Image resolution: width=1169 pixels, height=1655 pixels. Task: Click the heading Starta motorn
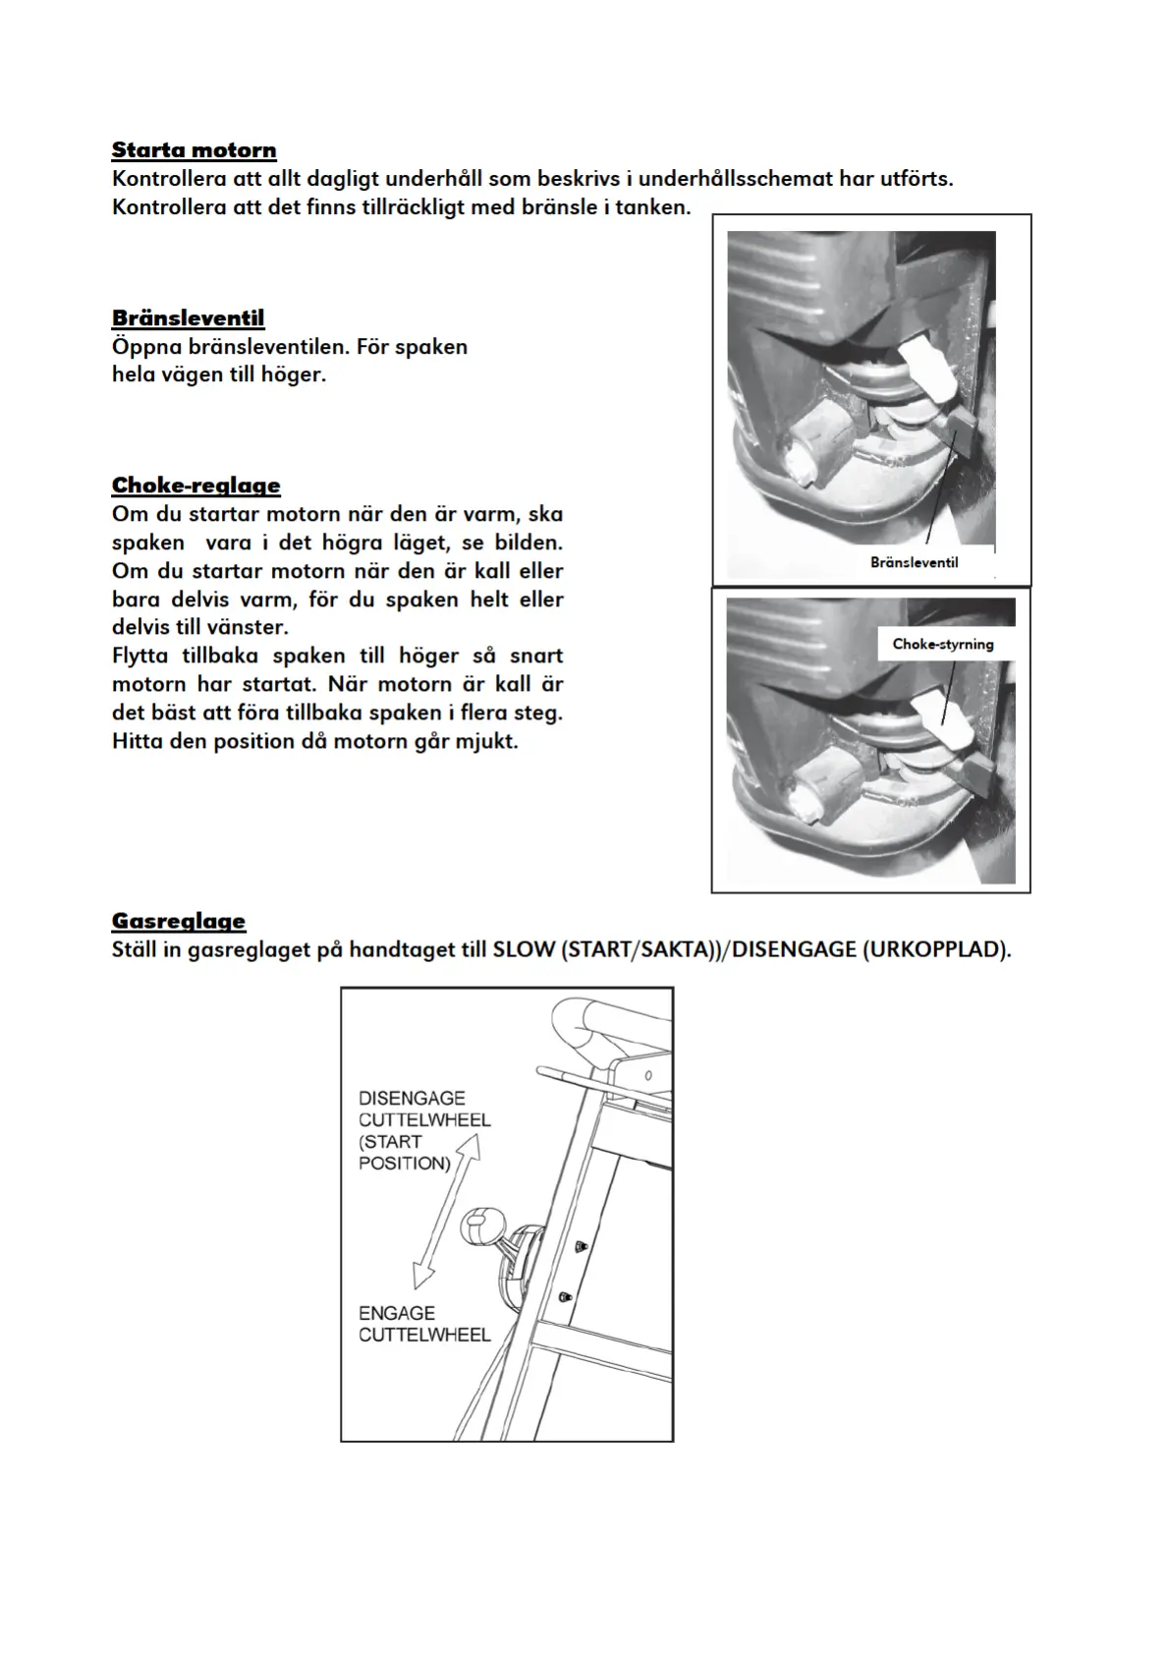[194, 150]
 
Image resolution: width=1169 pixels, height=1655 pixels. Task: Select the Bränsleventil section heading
[188, 318]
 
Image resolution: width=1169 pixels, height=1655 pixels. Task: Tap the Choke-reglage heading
[195, 485]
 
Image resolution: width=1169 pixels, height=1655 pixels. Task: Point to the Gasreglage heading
[178, 921]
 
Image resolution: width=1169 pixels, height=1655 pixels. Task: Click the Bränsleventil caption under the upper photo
[914, 562]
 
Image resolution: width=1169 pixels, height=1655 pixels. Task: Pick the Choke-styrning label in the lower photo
[942, 644]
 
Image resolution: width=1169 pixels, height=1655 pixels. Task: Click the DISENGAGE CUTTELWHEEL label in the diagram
[423, 1110]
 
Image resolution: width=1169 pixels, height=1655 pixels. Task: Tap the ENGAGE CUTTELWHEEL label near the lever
[423, 1324]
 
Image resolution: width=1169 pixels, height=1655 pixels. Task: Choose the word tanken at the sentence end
[653, 207]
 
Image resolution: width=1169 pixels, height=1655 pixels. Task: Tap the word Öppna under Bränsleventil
[145, 347]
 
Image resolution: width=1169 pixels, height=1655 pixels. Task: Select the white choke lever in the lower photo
[940, 718]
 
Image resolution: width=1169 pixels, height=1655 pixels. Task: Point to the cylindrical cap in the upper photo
[815, 450]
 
